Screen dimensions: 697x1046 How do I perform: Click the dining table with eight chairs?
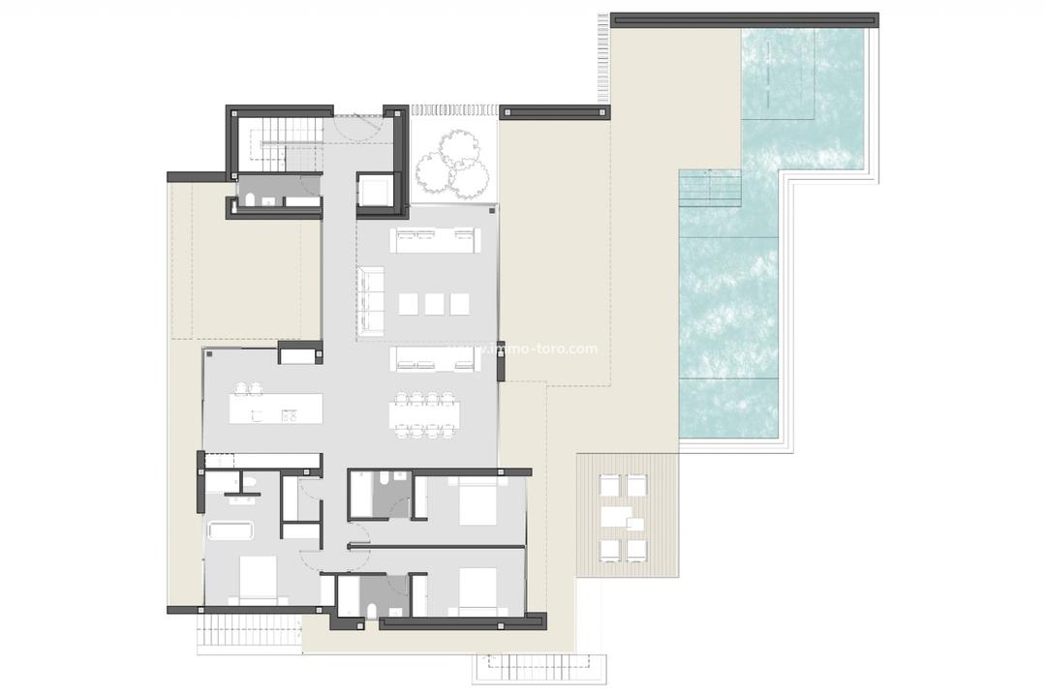422,414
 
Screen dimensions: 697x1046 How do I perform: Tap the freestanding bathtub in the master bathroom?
231,530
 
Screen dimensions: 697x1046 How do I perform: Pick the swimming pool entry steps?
710,188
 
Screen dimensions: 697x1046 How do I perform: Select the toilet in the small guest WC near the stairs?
251,200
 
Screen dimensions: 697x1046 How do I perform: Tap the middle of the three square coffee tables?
435,304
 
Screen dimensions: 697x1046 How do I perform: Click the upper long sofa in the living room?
435,239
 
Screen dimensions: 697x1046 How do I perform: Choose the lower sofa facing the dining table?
435,359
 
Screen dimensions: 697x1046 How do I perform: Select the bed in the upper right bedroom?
477,503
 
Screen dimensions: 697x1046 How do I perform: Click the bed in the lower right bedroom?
477,591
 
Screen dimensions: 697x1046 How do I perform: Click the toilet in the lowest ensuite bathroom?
372,608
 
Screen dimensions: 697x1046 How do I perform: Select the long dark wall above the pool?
744,18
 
